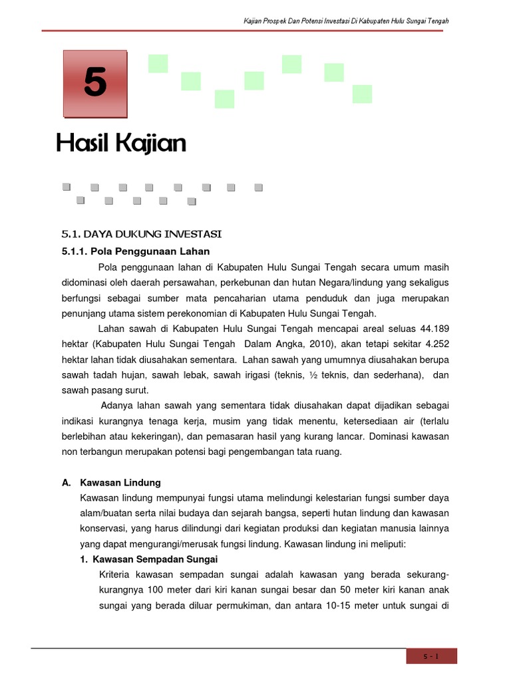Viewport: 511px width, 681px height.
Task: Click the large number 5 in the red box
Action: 95,84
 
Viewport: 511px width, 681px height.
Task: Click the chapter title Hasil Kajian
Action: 120,143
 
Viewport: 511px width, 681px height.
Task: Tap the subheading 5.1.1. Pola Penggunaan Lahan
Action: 136,251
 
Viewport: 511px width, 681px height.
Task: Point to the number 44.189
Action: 434,328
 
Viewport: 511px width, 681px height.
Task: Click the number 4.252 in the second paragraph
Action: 434,344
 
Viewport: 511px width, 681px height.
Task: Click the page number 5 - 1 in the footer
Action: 432,656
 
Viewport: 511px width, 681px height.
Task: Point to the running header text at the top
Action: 346,21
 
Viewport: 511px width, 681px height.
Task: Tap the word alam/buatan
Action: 102,513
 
